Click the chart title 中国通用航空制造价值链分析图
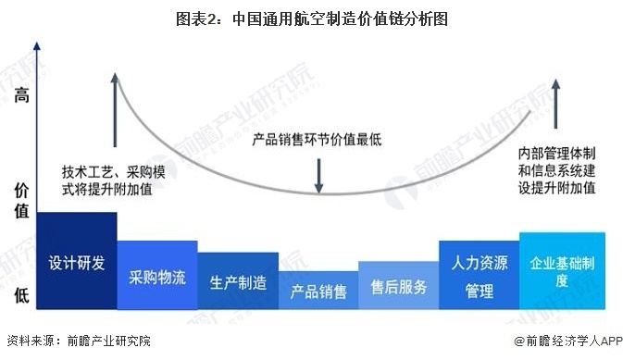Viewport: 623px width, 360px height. point(310,18)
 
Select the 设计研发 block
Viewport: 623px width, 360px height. point(77,261)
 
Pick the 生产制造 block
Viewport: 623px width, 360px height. point(238,281)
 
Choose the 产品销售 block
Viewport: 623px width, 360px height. point(318,292)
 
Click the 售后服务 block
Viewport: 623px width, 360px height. point(398,286)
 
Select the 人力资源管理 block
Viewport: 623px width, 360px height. point(479,276)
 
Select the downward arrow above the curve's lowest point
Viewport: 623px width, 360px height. point(318,174)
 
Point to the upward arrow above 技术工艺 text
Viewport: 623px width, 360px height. point(115,109)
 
